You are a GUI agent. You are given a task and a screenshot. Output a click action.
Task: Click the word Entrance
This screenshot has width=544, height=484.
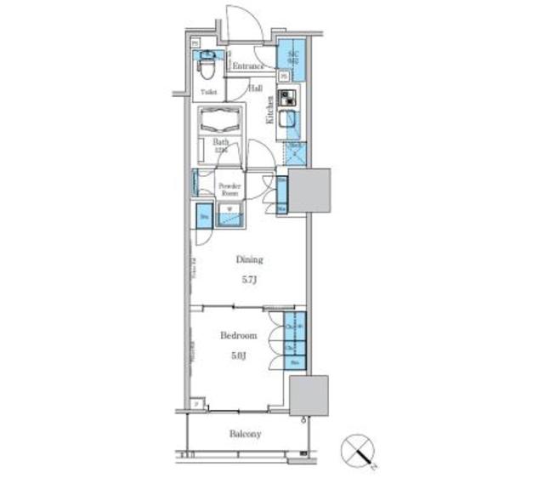pos(247,65)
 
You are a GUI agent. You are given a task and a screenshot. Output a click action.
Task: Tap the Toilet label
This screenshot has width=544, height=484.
pos(208,91)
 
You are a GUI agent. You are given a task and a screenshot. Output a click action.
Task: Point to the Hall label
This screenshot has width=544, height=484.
pos(255,88)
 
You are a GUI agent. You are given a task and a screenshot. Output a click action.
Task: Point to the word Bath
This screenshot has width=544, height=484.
pos(221,142)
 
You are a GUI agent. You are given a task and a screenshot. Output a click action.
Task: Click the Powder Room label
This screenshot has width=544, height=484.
pos(229,189)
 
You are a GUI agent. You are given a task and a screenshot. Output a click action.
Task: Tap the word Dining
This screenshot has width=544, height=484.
pos(250,259)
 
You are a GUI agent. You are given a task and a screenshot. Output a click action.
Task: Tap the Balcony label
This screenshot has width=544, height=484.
pos(245,434)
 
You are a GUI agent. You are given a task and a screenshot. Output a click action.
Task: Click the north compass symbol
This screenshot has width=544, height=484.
pos(358,452)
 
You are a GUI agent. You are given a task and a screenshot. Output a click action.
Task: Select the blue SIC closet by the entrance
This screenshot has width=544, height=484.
pos(292,55)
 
